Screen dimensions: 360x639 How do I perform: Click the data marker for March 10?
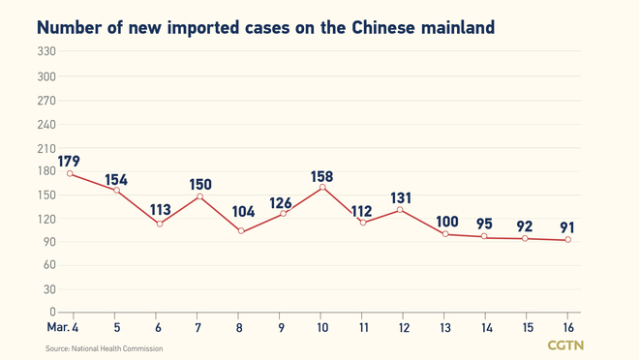[322, 188]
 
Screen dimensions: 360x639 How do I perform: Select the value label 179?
[69, 161]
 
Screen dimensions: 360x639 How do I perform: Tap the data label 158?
[322, 176]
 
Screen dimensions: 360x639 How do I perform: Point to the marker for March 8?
[241, 231]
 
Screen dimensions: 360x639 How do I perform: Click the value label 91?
[567, 227]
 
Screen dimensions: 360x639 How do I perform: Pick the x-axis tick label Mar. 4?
[62, 329]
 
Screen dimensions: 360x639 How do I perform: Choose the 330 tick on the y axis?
[46, 52]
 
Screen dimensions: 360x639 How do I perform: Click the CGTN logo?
[565, 345]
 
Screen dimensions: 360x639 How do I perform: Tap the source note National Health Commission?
[104, 348]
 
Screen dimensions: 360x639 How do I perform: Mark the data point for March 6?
[159, 224]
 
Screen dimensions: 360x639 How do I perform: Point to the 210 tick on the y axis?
[46, 147]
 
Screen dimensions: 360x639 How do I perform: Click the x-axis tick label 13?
[445, 329]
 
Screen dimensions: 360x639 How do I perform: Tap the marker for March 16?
[567, 240]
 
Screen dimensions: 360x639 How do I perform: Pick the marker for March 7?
[200, 196]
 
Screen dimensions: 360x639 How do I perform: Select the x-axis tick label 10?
[322, 329]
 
